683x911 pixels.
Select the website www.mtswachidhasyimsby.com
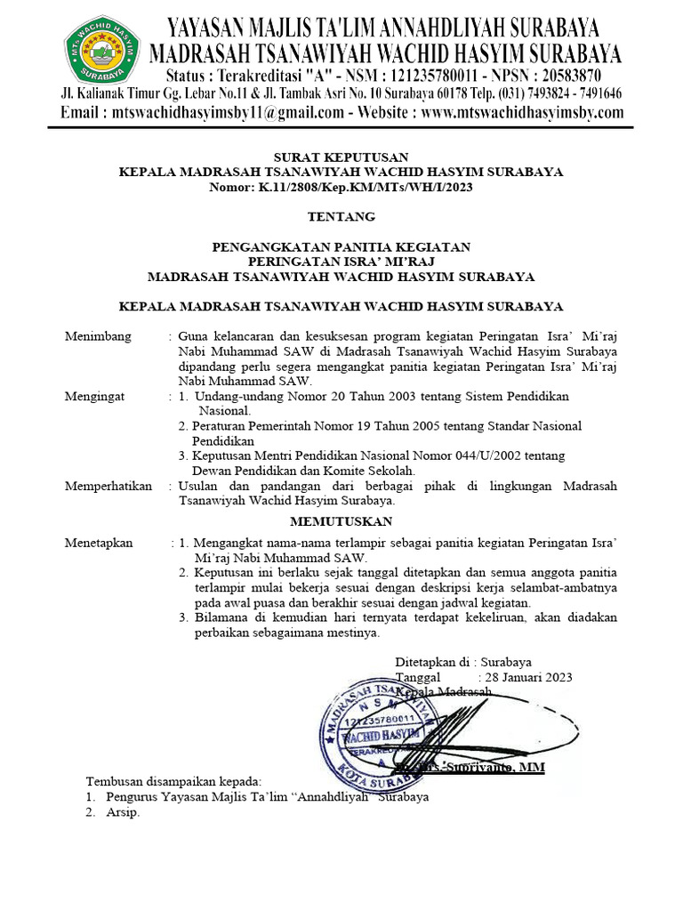[523, 113]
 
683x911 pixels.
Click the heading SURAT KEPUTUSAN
[341, 157]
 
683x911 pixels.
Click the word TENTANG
[341, 216]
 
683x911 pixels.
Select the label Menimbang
[98, 336]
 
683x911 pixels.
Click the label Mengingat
[96, 396]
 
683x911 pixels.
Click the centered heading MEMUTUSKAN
[341, 520]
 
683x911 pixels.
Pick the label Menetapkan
[99, 542]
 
